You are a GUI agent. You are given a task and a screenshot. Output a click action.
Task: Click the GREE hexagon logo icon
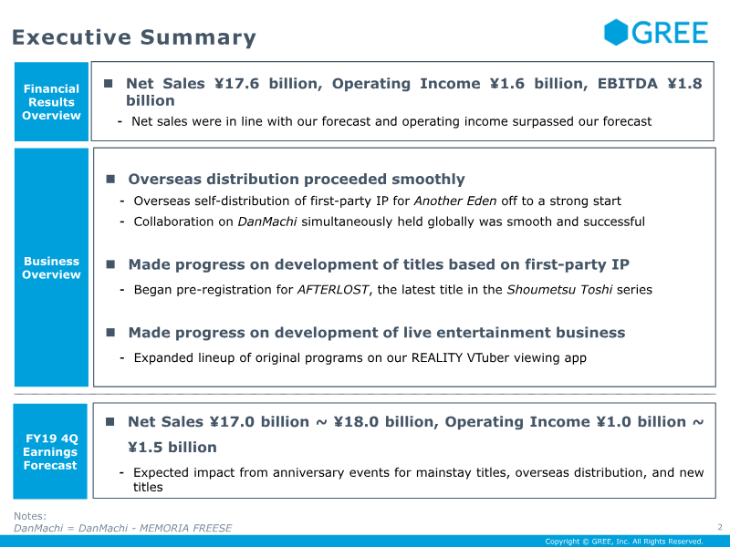(616, 33)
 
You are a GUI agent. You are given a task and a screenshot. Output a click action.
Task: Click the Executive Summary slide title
(134, 37)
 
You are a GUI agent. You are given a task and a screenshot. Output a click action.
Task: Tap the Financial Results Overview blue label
(51, 102)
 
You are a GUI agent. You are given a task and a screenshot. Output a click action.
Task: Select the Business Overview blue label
(51, 268)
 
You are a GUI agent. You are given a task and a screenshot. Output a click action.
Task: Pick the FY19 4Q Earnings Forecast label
(51, 451)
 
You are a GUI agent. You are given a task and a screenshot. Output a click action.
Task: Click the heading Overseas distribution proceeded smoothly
(297, 180)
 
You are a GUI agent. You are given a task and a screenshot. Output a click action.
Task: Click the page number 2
(719, 527)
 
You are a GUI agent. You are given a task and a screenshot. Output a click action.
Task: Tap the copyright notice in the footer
(623, 542)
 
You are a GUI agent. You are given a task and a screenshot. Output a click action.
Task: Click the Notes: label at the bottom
(30, 516)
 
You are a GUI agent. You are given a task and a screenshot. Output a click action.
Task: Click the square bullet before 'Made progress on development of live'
(110, 332)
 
